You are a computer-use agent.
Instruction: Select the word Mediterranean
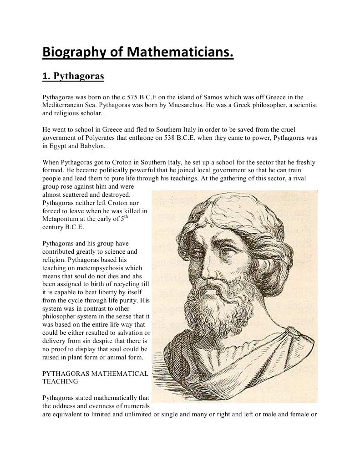point(64,105)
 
